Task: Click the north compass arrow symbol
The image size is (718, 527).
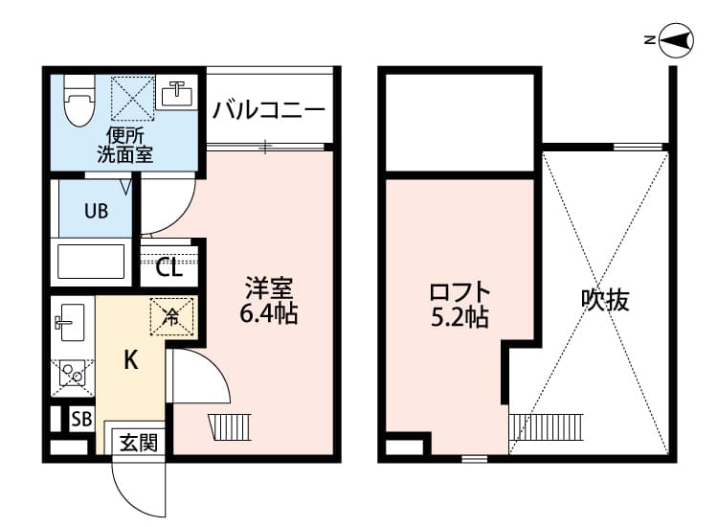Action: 674,39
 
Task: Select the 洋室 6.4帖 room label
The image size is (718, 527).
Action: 270,300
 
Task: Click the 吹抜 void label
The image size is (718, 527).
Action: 605,300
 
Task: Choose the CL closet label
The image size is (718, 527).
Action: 169,267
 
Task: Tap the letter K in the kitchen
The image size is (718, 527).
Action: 131,361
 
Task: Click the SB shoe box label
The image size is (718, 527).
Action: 82,419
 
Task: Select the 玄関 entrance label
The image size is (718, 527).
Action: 137,442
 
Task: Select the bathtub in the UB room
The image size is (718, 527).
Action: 91,261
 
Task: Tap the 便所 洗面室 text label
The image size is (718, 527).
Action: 124,144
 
